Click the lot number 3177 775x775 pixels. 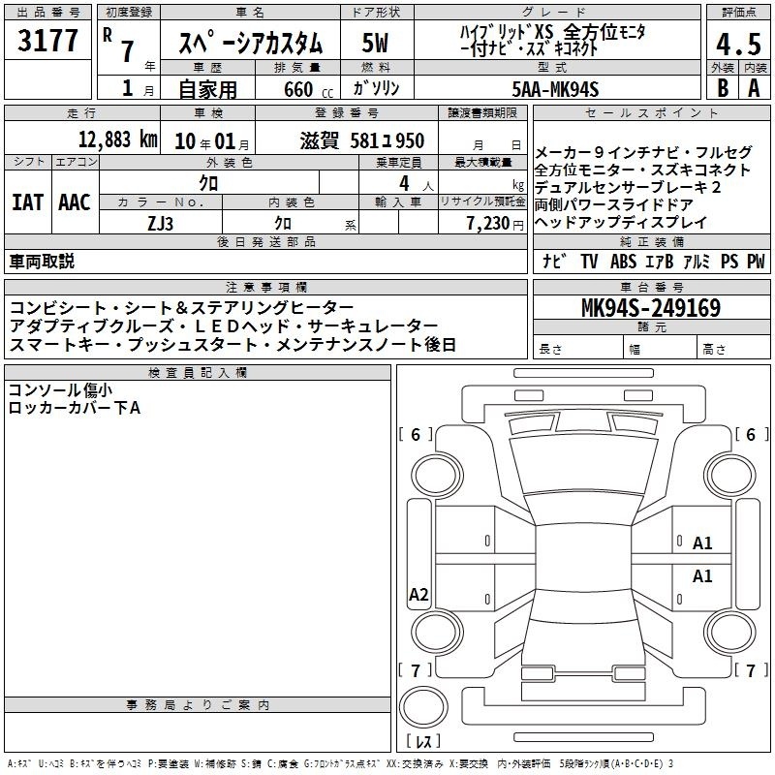click(x=47, y=41)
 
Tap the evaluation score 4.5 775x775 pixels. click(x=738, y=44)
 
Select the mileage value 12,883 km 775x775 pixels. click(x=117, y=139)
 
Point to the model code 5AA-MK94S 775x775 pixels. click(x=555, y=89)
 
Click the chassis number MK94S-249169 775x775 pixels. click(x=651, y=308)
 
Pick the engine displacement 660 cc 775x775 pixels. click(x=308, y=90)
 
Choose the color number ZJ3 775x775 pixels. click(x=160, y=224)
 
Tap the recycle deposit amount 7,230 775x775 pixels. click(x=488, y=224)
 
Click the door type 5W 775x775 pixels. click(x=375, y=43)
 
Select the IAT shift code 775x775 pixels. click(x=27, y=202)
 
